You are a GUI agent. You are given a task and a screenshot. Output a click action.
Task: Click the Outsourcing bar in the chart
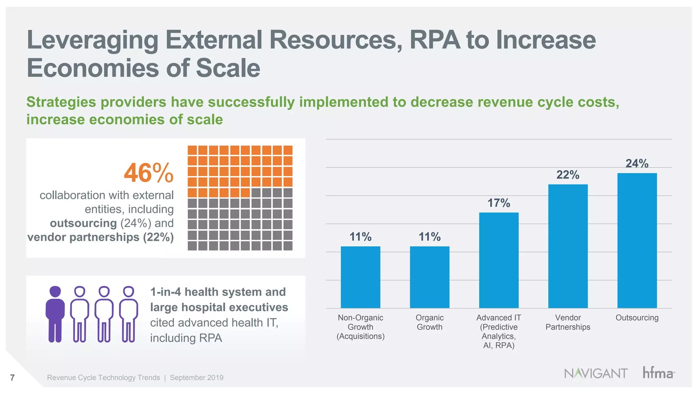[637, 241]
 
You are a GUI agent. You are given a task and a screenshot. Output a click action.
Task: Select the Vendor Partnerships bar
[568, 246]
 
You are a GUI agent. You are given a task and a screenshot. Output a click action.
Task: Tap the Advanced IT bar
[499, 260]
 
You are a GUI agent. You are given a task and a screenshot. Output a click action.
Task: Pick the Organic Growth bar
[429, 277]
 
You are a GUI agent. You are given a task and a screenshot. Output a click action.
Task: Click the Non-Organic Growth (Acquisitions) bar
[360, 277]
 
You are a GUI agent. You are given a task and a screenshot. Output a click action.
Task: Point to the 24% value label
[637, 163]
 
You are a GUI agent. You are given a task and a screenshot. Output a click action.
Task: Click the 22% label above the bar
[568, 175]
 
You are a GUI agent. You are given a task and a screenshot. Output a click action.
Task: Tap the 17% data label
[499, 203]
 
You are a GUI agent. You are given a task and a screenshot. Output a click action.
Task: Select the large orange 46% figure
[149, 173]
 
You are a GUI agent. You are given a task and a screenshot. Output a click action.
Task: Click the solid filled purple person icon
[55, 314]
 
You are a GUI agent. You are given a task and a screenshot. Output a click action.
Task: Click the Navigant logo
[595, 373]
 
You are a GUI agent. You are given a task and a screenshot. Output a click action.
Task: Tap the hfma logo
[658, 373]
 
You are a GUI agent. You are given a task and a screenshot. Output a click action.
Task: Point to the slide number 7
[13, 378]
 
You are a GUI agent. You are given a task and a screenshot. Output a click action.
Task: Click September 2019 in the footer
[197, 378]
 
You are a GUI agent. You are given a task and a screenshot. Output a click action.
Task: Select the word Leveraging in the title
[92, 40]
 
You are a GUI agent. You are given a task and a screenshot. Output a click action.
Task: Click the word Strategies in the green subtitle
[62, 102]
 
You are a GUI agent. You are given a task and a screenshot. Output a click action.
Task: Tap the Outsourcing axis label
[637, 318]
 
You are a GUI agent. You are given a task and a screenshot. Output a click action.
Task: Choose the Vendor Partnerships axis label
[568, 322]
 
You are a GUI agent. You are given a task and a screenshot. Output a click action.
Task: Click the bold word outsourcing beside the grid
[83, 223]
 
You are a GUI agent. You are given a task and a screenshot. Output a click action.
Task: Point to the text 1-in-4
[165, 292]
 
